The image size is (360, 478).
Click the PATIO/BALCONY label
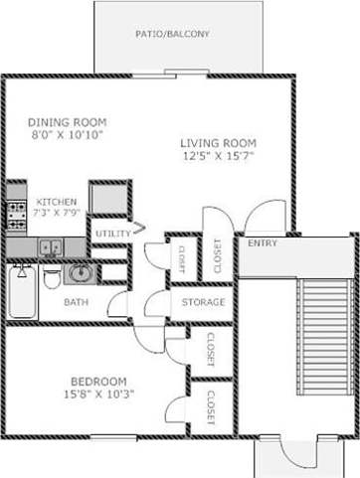[173, 35]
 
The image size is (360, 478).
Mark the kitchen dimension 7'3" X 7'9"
[57, 214]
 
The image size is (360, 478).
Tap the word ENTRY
[263, 243]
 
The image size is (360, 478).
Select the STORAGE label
[202, 302]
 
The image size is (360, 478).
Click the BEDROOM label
[97, 382]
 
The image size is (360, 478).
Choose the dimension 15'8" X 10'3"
[97, 396]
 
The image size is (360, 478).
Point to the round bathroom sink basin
[78, 272]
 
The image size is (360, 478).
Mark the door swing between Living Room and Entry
[264, 215]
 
